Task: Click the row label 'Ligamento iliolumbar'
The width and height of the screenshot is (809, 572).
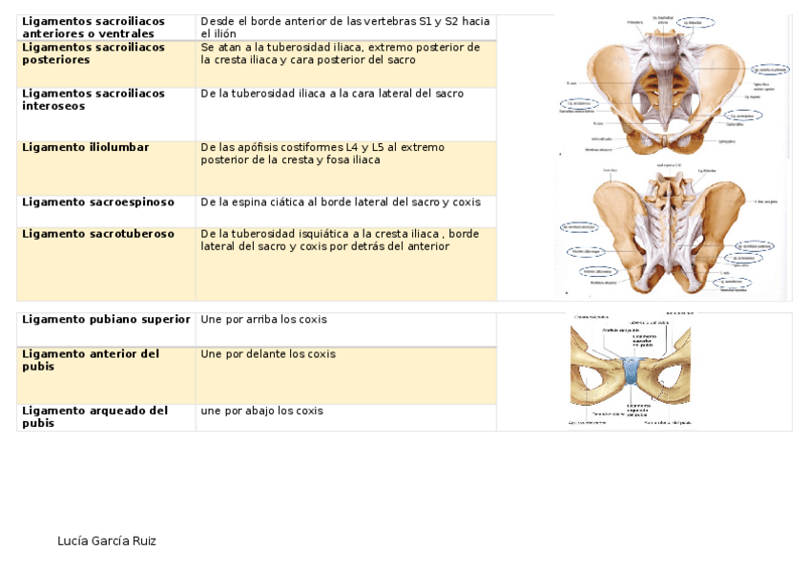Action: point(85,147)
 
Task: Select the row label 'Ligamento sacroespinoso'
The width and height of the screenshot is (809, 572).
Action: point(98,202)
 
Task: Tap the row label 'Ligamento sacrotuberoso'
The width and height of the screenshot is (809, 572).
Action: point(98,234)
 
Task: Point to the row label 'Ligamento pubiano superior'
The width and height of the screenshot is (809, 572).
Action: point(106,319)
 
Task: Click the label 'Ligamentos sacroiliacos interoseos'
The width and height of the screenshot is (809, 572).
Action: point(93,100)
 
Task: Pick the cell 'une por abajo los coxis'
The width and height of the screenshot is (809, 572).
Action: point(261,412)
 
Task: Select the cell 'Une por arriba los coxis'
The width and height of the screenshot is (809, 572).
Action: point(263,319)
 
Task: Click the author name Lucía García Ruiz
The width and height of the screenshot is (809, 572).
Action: point(107,541)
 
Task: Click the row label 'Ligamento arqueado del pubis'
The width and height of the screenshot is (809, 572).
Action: point(94,417)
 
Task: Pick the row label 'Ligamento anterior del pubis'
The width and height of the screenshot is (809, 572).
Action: point(91,360)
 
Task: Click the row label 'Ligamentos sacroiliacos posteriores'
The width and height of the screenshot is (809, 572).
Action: point(93,53)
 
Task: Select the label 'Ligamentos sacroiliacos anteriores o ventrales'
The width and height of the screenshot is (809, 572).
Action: point(93,27)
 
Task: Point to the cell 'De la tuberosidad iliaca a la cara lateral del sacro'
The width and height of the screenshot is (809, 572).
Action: point(332,95)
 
